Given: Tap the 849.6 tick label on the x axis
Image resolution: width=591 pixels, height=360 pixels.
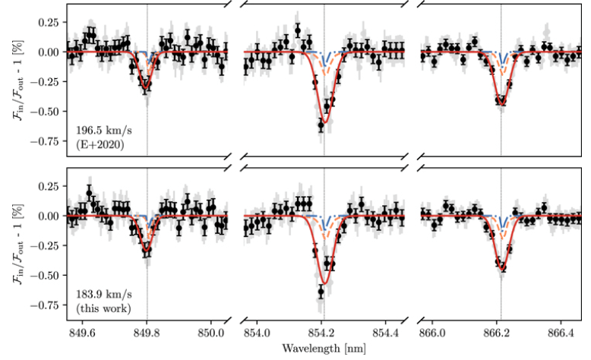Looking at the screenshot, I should click(82, 333).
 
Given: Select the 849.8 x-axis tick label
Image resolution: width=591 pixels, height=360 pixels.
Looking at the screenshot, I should click(147, 333).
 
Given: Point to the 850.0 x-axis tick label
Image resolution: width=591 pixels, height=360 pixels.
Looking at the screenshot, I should click(210, 333).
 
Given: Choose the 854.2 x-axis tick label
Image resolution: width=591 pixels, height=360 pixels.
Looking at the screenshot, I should click(323, 333).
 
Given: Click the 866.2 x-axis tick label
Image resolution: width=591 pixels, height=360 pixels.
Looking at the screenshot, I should click(501, 333).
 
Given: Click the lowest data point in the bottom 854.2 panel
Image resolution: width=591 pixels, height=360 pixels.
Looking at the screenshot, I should click(321, 290).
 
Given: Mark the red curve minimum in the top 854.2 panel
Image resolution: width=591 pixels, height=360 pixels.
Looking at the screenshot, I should click(324, 122).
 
